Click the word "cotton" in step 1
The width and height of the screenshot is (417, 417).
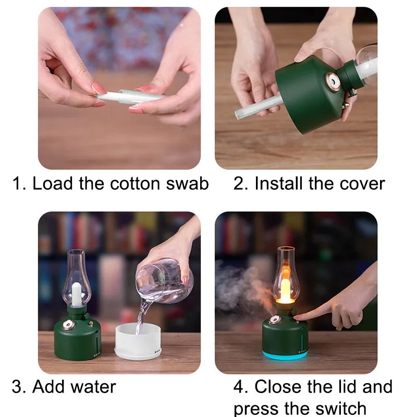pyautogui.click(x=136, y=183)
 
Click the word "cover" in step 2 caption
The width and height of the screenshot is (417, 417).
pyautogui.click(x=362, y=183)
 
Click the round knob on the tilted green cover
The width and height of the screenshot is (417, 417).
pyautogui.click(x=332, y=81)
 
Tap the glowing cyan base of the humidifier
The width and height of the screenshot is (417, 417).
pyautogui.click(x=285, y=355)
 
